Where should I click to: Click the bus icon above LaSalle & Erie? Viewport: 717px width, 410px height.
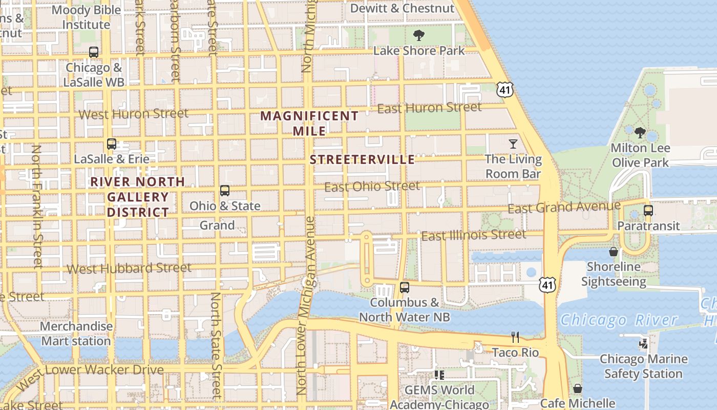click(112, 144)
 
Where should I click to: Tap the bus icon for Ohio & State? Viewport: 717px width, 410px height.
click(225, 191)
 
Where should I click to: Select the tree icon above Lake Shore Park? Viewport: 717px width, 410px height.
click(419, 35)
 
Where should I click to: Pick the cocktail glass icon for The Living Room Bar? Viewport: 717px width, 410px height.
click(513, 144)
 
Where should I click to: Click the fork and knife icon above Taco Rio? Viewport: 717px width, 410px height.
click(515, 337)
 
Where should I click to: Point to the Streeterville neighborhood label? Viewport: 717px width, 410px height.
click(362, 159)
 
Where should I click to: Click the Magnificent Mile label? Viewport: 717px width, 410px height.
click(309, 123)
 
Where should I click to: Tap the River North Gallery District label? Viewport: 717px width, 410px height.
click(138, 197)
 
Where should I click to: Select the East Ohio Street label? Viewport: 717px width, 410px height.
click(372, 186)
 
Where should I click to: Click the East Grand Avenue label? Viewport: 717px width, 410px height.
click(564, 207)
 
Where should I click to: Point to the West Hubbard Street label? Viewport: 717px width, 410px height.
click(129, 268)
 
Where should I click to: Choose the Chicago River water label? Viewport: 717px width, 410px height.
click(619, 320)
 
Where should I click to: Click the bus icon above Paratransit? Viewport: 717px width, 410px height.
click(648, 210)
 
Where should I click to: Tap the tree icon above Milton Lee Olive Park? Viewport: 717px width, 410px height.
click(640, 133)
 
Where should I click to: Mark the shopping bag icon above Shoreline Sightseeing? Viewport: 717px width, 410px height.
click(613, 252)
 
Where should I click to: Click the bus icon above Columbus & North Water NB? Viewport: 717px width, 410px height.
click(405, 288)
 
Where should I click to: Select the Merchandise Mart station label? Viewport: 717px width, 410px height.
click(76, 333)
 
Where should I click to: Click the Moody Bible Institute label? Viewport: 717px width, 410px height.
click(86, 17)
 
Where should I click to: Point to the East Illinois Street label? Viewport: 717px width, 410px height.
click(474, 235)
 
